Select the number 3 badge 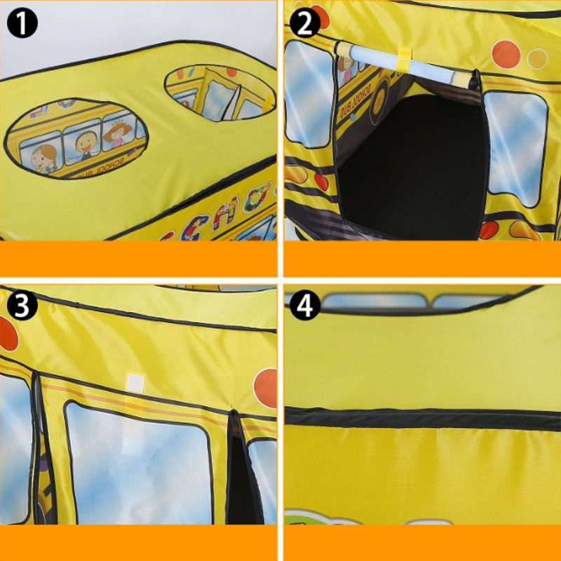(22, 306)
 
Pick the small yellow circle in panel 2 (537, 58)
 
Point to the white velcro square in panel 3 (135, 382)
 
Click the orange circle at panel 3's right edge (266, 387)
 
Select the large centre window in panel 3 (138, 463)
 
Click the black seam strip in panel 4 (421, 418)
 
